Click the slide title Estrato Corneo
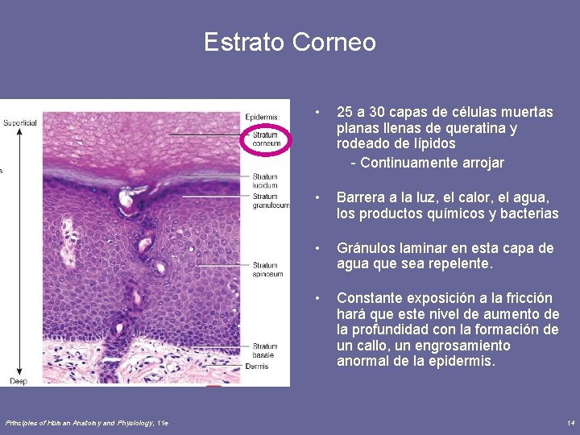tap(290, 42)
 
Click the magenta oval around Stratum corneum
tap(266, 139)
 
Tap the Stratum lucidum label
tap(264, 181)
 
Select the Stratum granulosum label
tap(270, 201)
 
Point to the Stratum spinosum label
tap(267, 269)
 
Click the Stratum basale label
tap(264, 350)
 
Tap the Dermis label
tap(257, 367)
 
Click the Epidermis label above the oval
tap(262, 117)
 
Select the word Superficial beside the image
tap(19, 123)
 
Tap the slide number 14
tap(570, 423)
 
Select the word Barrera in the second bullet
tap(362, 197)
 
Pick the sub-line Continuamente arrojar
tap(427, 163)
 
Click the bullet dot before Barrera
tap(319, 197)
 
